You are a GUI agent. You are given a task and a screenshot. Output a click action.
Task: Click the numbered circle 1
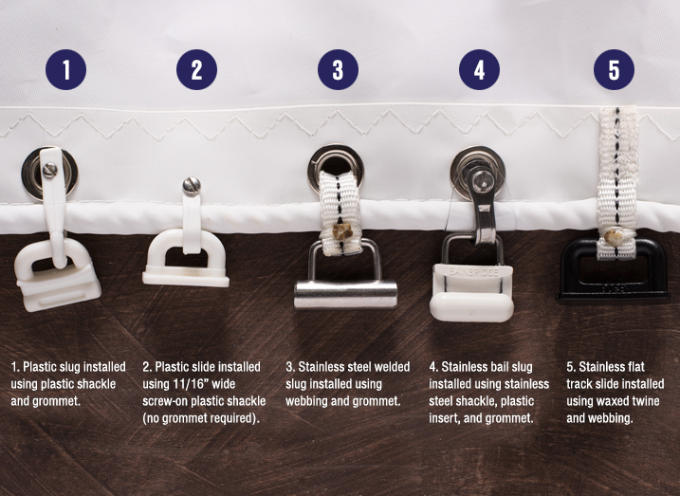pos(66,69)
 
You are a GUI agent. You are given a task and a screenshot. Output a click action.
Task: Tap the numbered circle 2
pos(197,69)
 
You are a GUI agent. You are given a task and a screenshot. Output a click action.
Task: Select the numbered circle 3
pos(338,69)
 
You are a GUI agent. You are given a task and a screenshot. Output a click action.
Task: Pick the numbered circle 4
pos(479,69)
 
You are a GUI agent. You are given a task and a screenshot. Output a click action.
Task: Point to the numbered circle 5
pos(614,69)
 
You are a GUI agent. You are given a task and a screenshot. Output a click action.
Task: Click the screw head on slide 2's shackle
pos(192,186)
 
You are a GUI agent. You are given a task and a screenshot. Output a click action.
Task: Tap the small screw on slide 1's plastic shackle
pos(50,170)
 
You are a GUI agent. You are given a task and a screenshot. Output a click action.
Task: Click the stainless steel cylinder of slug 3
pos(345,294)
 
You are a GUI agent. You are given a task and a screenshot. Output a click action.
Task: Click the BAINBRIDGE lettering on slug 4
pos(473,272)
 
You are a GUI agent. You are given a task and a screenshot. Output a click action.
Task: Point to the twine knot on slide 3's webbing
pos(342,231)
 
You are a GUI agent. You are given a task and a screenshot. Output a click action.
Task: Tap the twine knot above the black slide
pos(615,238)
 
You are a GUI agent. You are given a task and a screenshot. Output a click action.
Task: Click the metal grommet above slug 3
pos(336,165)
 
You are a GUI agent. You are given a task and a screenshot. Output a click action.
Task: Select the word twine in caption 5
pos(644,401)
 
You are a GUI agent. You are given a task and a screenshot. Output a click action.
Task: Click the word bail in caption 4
pos(491,367)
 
